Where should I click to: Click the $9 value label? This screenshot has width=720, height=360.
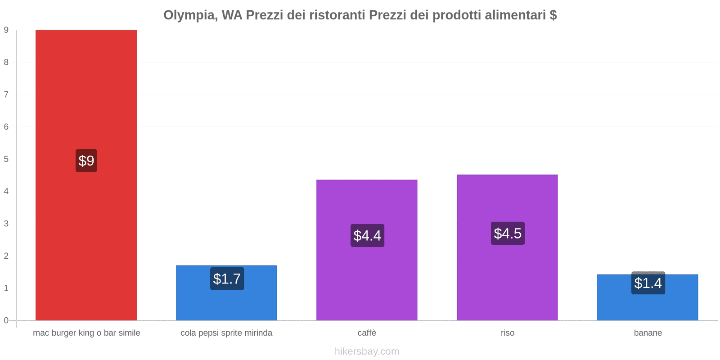[x=86, y=161]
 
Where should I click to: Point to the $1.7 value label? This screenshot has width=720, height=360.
[x=227, y=279]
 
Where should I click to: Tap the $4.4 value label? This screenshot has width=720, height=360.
[x=367, y=235]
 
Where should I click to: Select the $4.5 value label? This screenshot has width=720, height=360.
[x=508, y=233]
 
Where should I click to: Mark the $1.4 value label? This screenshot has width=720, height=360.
[x=648, y=283]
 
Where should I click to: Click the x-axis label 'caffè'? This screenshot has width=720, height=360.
[x=367, y=333]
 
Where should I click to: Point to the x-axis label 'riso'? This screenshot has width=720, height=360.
[x=508, y=333]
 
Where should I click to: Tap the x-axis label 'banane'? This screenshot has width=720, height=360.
[x=648, y=333]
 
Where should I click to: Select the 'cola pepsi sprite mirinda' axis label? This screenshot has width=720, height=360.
[x=226, y=333]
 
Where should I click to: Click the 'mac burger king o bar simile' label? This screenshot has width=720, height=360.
[x=86, y=333]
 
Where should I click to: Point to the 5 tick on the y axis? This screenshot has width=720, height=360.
[x=6, y=159]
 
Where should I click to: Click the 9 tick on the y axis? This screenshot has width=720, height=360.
[x=6, y=30]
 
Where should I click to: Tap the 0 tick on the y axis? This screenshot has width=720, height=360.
[x=6, y=320]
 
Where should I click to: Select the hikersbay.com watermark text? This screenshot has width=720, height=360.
[x=367, y=351]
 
